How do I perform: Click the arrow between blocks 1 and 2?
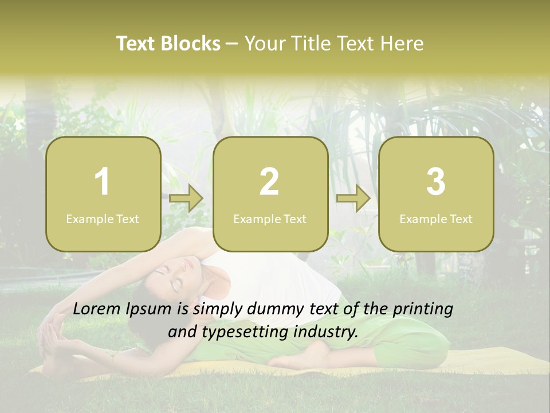pos(187,198)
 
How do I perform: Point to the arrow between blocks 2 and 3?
pos(353,198)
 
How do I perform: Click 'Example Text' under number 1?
pos(103,219)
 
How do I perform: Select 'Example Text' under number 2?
pos(270,219)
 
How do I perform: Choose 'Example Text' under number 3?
pos(436,219)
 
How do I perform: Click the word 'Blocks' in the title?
pos(190,44)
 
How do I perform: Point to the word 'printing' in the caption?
pos(423,309)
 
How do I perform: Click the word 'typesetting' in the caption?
pos(234,332)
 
